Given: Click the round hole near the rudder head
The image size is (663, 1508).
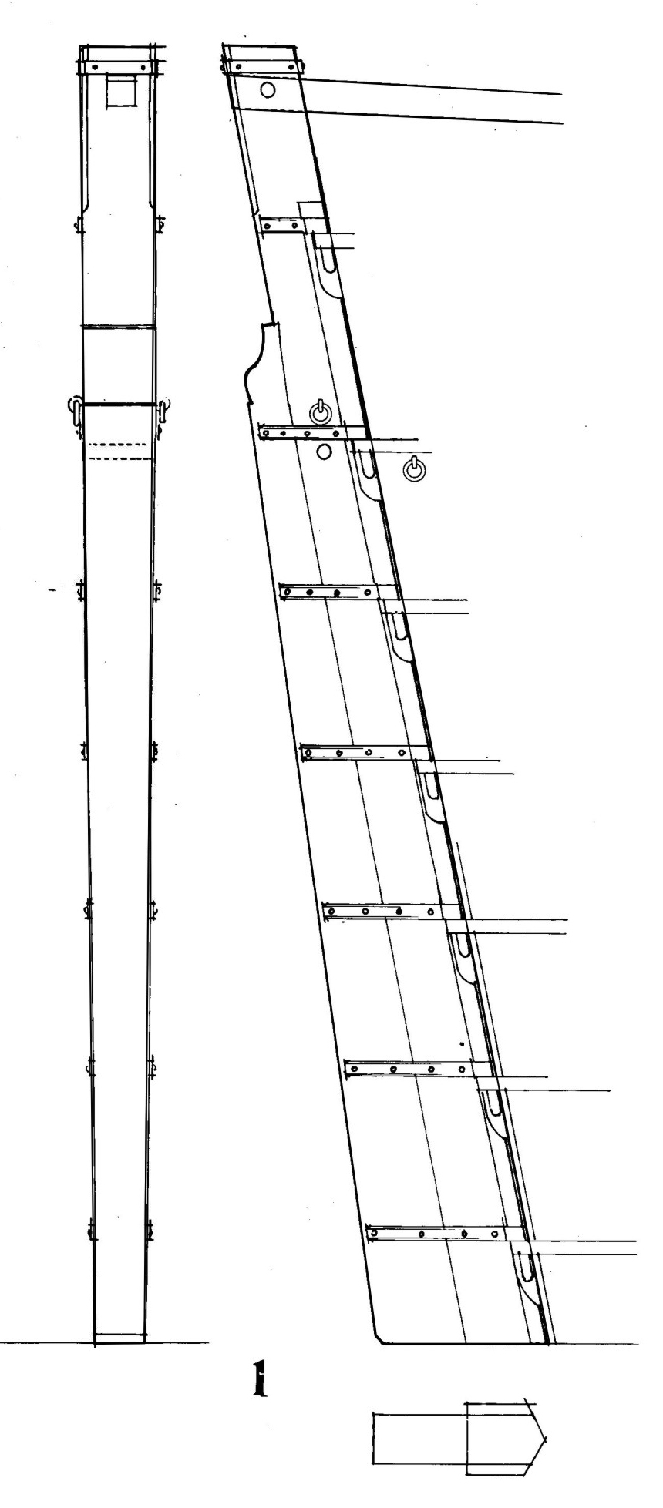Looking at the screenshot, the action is pyautogui.click(x=268, y=90).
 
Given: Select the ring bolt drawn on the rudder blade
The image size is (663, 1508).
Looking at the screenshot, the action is pyautogui.click(x=320, y=412).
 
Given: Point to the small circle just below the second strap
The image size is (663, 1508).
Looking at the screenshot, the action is pyautogui.click(x=323, y=452).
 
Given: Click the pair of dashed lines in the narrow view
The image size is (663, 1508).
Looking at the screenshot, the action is pyautogui.click(x=119, y=452).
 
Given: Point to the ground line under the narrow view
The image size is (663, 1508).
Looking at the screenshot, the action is pyautogui.click(x=104, y=1345).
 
